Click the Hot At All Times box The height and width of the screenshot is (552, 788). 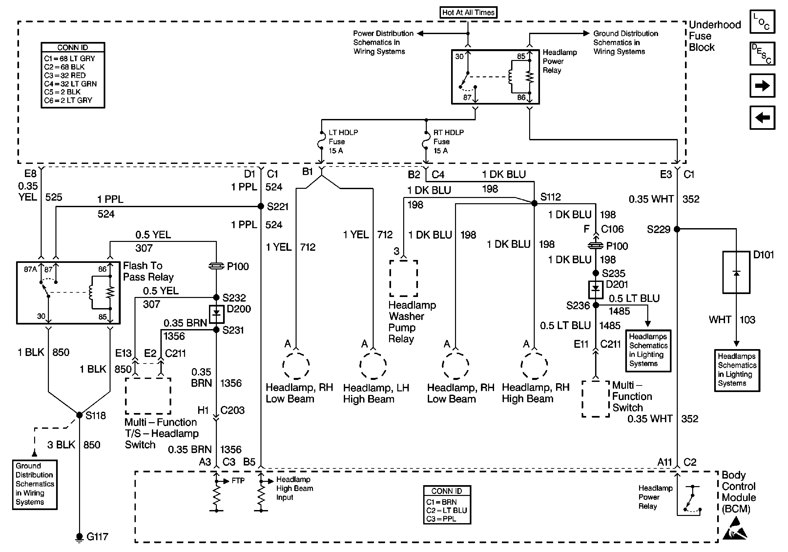(x=468, y=12)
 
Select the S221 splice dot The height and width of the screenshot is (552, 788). (x=261, y=206)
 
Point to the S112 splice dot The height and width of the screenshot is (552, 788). (x=534, y=203)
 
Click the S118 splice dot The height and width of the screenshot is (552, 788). (x=79, y=415)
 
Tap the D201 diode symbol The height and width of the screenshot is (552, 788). (x=596, y=289)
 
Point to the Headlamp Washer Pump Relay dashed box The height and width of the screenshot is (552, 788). (x=404, y=278)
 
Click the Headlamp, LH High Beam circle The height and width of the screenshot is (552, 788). (x=373, y=365)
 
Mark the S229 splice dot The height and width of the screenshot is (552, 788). (x=677, y=229)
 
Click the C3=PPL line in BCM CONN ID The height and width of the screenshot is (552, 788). (x=441, y=519)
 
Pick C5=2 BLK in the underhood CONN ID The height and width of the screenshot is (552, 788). (x=62, y=92)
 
